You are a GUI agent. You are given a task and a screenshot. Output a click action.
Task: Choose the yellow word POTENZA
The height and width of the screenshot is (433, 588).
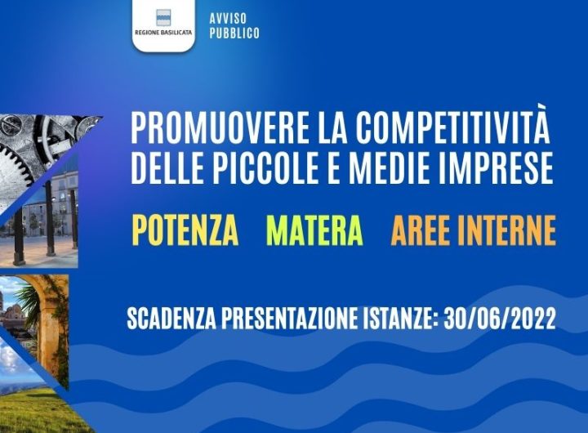click(x=185, y=230)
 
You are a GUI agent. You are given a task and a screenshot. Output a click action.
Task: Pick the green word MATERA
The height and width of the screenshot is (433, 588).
click(x=314, y=230)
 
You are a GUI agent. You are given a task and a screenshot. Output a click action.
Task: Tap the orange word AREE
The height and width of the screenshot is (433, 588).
click(x=420, y=230)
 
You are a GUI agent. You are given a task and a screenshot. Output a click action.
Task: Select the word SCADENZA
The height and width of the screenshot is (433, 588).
click(x=171, y=319)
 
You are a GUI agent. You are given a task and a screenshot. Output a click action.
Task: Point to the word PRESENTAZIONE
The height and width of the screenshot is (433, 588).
click(x=289, y=319)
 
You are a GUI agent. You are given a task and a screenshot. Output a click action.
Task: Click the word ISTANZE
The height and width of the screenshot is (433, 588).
click(x=401, y=319)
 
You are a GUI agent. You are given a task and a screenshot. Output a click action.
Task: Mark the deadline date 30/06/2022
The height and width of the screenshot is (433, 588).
click(x=500, y=319)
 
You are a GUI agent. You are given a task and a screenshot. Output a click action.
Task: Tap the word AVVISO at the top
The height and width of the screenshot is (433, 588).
click(x=228, y=19)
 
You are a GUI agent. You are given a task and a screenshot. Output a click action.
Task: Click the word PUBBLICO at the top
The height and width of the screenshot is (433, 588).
click(x=234, y=33)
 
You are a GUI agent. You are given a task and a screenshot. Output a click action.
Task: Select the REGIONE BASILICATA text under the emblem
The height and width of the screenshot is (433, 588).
click(x=163, y=33)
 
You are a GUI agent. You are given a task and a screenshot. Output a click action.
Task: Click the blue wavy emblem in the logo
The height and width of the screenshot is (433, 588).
click(x=163, y=18)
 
